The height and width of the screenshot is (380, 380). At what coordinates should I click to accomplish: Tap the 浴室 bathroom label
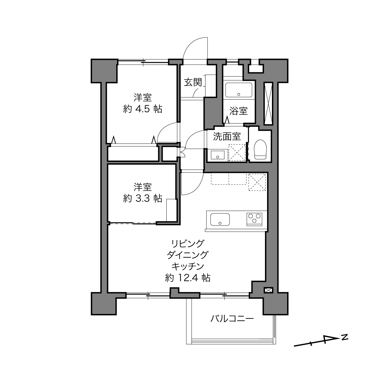[x=239, y=111]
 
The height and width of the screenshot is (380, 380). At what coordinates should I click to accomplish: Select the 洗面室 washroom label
[x=227, y=136]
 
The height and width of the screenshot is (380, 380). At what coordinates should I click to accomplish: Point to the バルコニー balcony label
[x=232, y=319]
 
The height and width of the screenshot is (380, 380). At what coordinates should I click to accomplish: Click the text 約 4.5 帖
[x=143, y=109]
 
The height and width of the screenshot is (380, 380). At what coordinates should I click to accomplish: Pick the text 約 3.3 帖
[x=143, y=198]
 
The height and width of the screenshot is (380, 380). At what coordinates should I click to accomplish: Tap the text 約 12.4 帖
[x=188, y=278]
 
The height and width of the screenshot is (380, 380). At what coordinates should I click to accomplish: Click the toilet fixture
[x=260, y=149]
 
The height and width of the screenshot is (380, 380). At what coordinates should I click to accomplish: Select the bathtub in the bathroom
[x=239, y=90]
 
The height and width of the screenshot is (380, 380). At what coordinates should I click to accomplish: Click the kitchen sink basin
[x=220, y=219]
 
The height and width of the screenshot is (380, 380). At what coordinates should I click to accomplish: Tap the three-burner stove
[x=254, y=219]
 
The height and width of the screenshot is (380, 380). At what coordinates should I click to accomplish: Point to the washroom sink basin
[x=218, y=155]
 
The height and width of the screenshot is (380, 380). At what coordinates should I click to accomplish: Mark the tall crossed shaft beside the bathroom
[x=268, y=103]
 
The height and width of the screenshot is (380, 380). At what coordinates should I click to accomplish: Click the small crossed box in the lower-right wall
[x=268, y=290]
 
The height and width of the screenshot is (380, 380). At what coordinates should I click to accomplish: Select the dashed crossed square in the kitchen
[x=257, y=182]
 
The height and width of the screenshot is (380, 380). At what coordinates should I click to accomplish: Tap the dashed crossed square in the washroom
[x=237, y=153]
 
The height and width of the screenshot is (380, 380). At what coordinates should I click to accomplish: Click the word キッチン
[x=188, y=266]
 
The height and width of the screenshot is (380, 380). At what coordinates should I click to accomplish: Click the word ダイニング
[x=188, y=255]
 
